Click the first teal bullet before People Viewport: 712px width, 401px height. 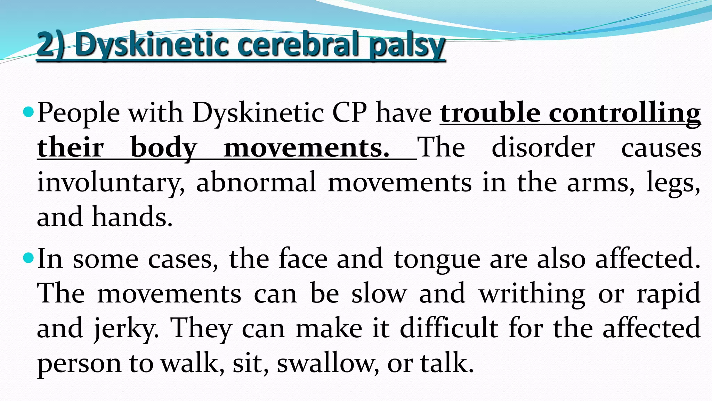29,112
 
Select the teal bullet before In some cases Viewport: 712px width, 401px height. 29,258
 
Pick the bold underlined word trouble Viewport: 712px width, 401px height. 490,113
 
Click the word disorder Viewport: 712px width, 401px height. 543,148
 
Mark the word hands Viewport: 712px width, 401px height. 132,217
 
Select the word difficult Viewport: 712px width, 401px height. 449,328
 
